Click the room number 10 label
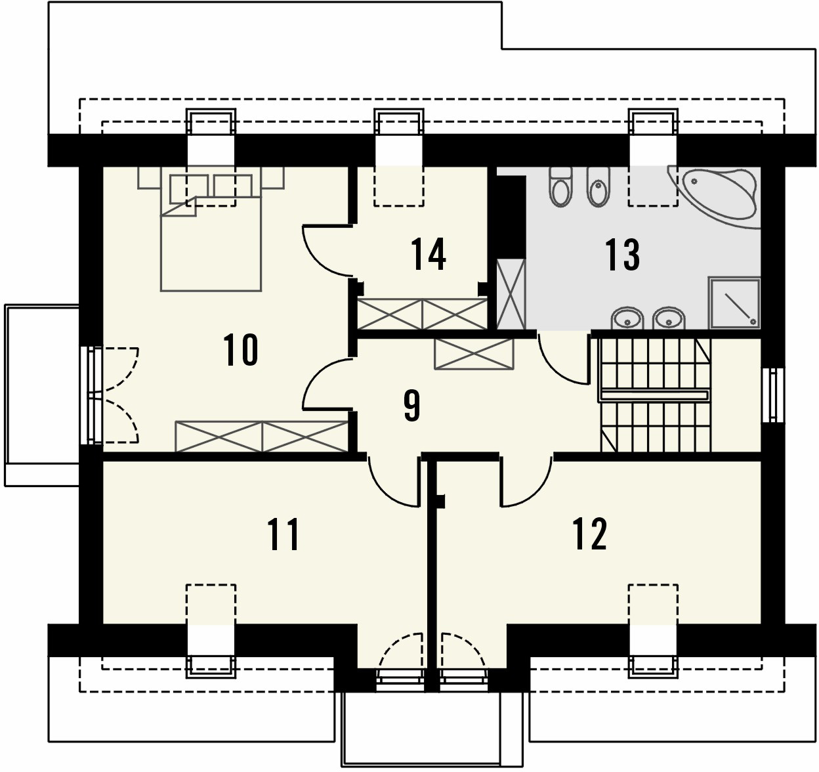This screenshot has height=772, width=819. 241,350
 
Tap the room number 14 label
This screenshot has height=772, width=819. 429,254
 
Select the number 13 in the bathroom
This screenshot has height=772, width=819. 622,254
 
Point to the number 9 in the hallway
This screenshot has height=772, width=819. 411,406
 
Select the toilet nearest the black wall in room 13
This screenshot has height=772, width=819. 560,187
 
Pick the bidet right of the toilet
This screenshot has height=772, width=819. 598,187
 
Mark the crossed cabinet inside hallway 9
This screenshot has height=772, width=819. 474,354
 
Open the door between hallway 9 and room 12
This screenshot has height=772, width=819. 526,482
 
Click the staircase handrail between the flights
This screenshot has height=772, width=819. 654,395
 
